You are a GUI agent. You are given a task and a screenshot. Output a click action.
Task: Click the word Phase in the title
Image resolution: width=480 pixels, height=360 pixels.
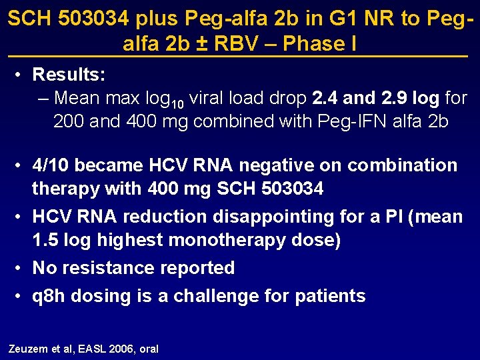311,44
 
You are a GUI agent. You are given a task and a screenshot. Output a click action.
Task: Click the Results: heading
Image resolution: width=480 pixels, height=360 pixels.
69,73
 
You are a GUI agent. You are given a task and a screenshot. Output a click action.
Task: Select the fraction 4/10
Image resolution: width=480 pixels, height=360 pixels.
52,165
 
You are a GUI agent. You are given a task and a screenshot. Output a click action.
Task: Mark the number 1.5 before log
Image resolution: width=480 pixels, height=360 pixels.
45,241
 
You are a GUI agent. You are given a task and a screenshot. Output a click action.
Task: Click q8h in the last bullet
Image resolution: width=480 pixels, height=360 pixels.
49,296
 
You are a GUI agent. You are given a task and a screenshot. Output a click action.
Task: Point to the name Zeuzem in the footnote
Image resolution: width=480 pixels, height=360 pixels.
25,349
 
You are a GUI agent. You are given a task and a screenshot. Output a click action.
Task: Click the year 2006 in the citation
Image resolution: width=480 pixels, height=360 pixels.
121,349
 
